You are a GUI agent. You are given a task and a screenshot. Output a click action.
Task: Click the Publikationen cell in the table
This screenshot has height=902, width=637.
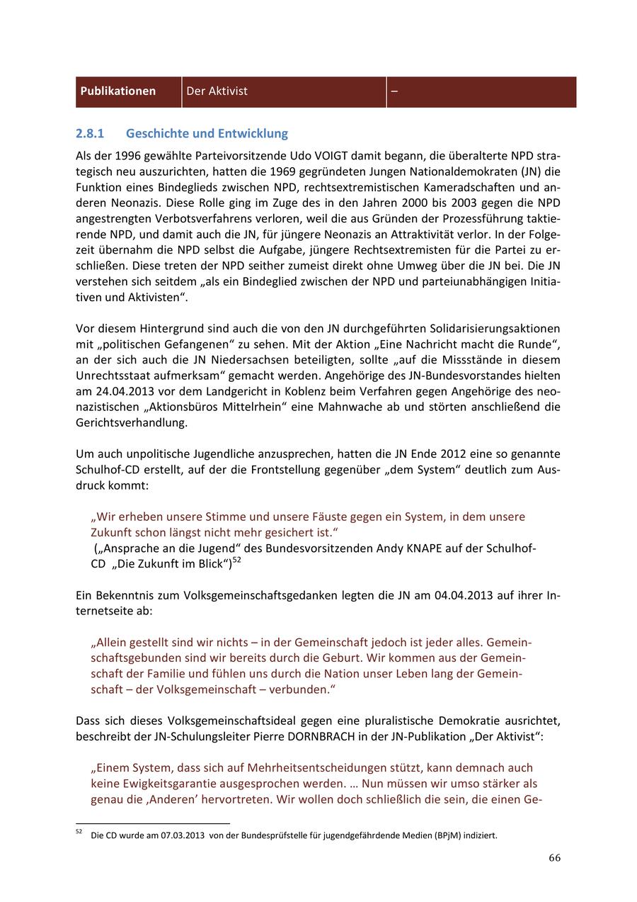pos(118,91)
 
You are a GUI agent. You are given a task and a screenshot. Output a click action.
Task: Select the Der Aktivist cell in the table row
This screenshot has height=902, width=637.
pos(217,91)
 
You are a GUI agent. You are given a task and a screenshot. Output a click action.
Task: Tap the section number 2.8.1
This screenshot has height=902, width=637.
pos(90,133)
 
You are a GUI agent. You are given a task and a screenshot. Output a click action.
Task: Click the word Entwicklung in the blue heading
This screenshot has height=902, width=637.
pos(253,133)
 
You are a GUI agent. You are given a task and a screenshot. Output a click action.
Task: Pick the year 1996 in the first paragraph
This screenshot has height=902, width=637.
pos(127,155)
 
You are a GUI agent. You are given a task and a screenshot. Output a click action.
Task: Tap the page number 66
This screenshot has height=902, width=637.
pos(554,858)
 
